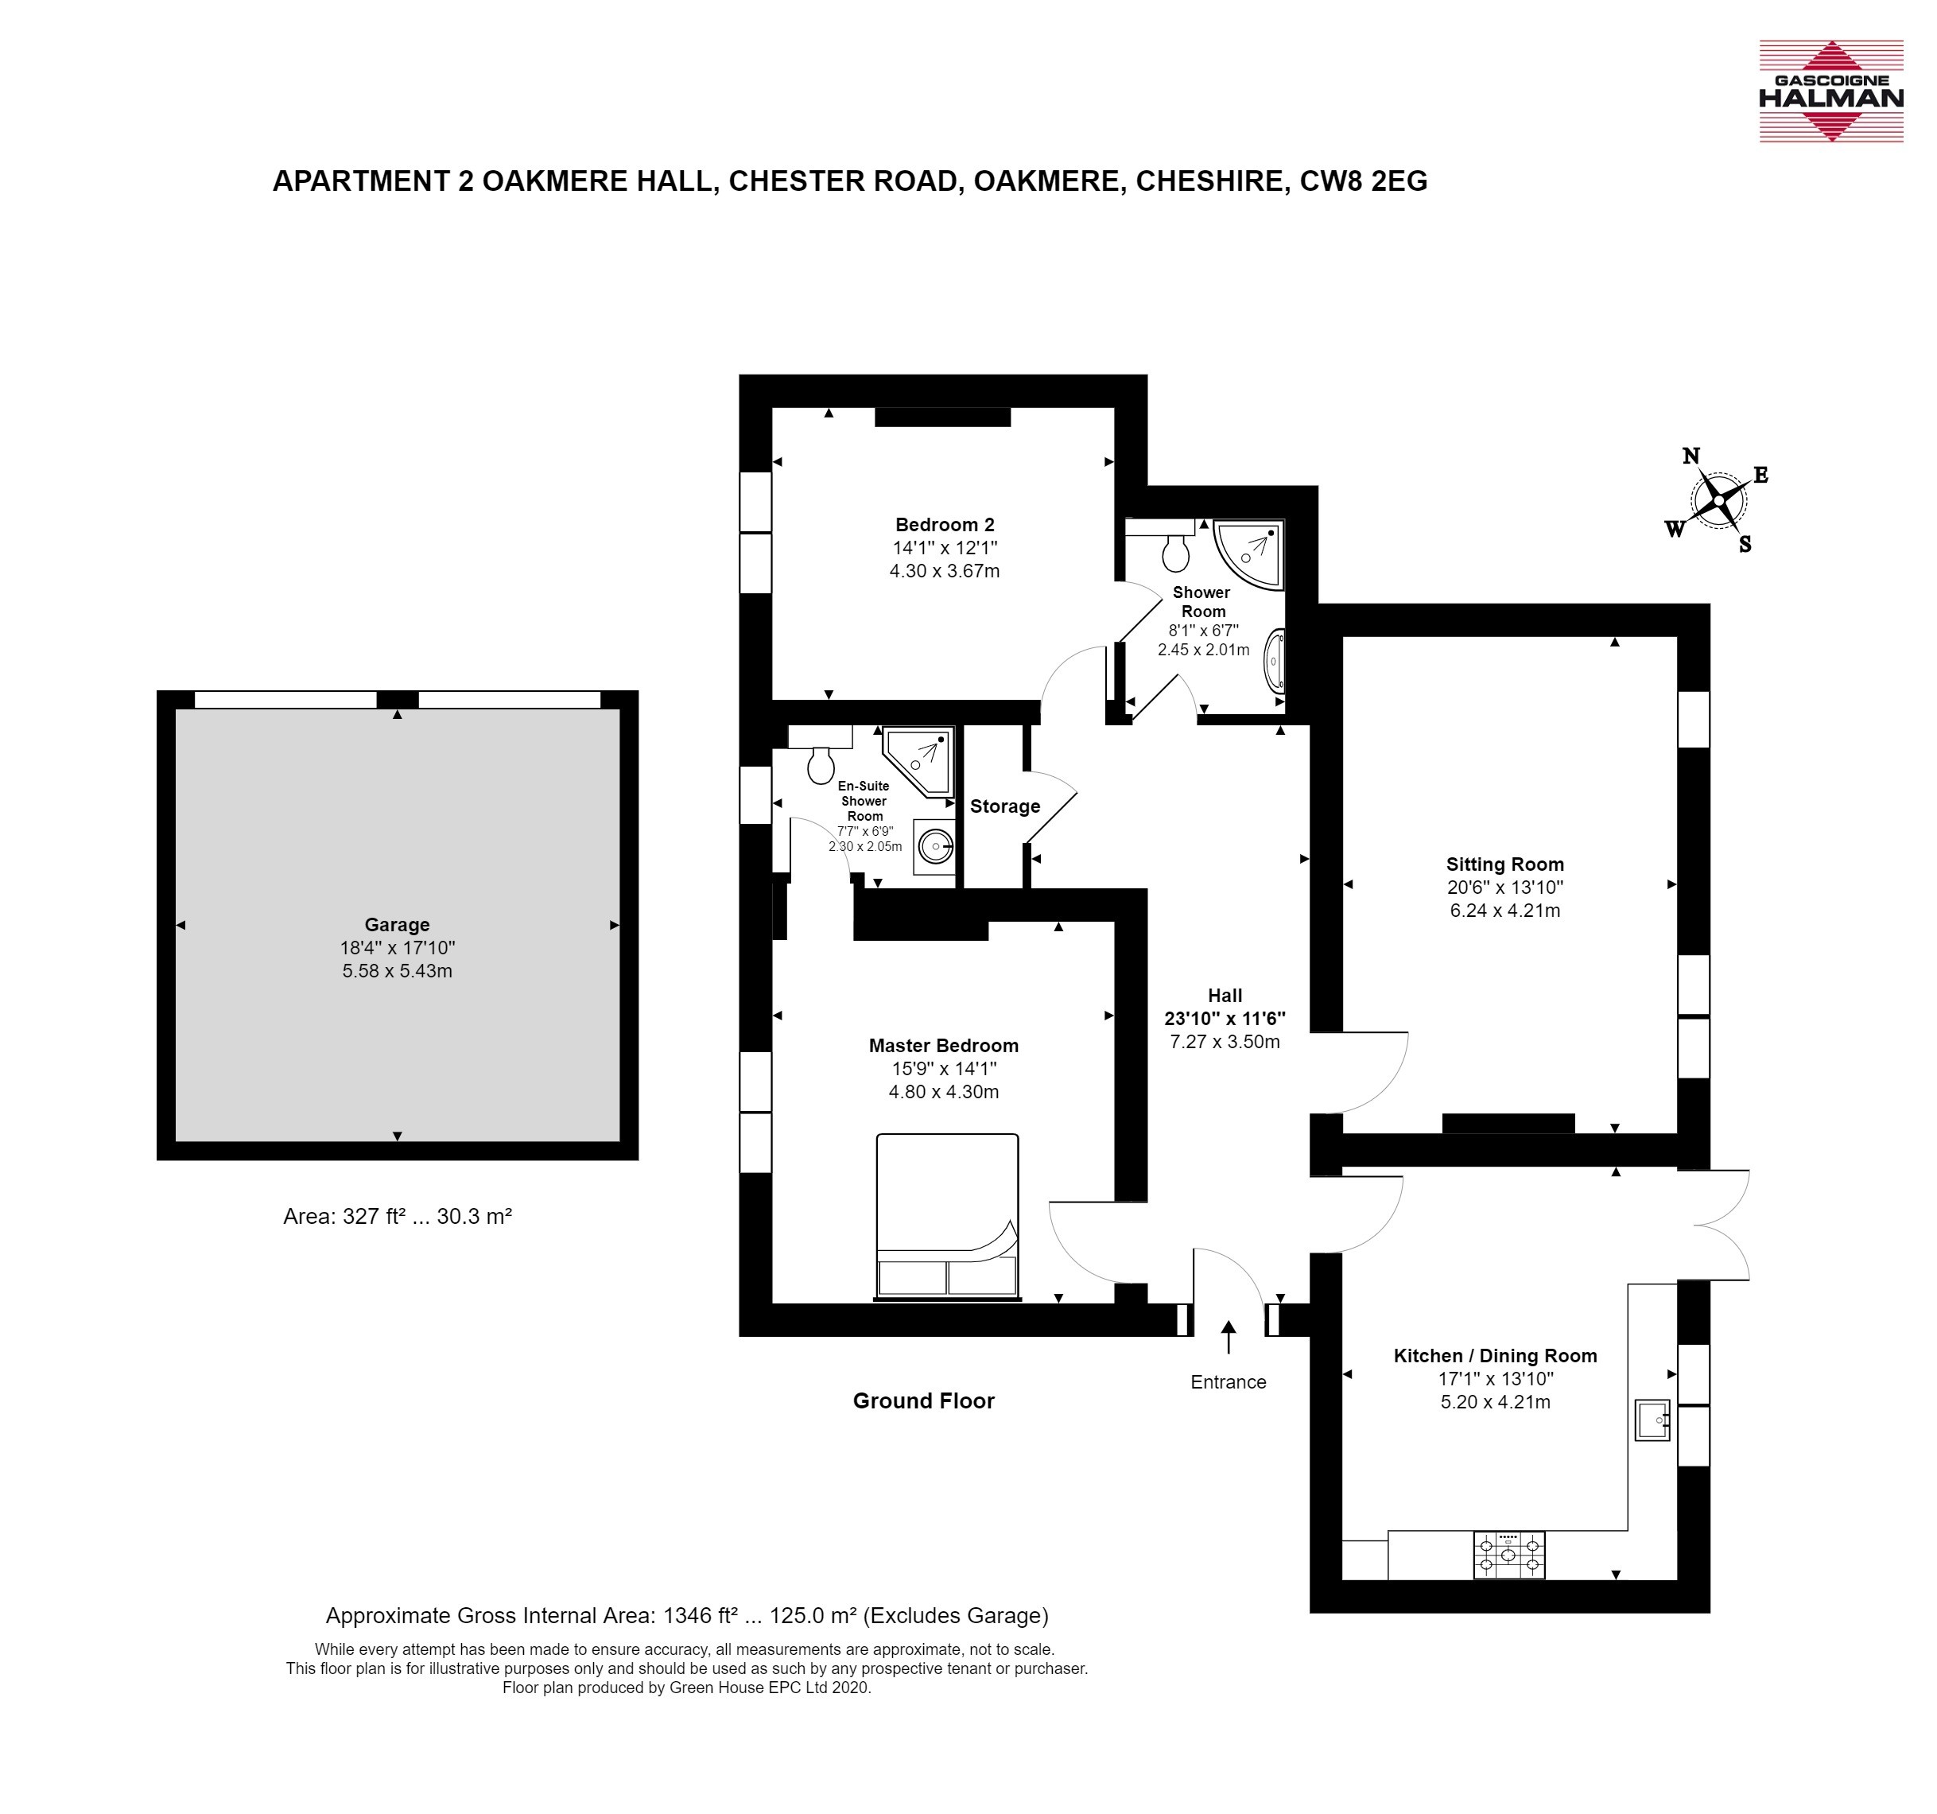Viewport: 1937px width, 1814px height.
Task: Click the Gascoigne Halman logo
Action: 1830,91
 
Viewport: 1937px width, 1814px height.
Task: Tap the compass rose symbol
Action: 1720,501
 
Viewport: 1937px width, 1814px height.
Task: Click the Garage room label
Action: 397,925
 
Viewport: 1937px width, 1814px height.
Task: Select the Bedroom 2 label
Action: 944,525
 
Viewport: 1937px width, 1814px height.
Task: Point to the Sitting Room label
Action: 1504,864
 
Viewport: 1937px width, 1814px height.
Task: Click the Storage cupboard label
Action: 1004,806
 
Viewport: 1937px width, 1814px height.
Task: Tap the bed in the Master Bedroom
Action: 947,1217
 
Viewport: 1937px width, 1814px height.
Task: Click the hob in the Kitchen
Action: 1508,1555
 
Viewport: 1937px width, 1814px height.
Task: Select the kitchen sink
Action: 1652,1420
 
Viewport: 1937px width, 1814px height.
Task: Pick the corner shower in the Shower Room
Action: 1248,554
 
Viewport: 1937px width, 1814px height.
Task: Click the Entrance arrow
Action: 1228,1337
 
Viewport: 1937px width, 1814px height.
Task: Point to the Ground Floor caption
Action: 924,1401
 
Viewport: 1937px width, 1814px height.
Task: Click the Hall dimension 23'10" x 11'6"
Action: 1225,1019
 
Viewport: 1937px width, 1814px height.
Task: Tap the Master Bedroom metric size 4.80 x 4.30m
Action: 943,1092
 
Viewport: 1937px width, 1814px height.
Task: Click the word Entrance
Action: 1228,1381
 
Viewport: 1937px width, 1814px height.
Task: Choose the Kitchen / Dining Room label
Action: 1495,1355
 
